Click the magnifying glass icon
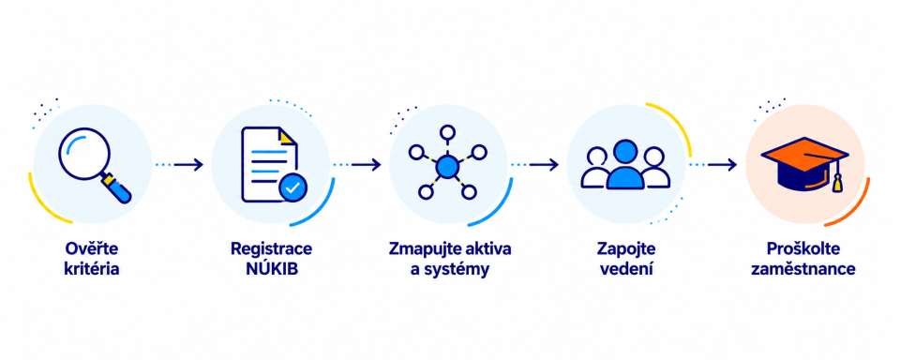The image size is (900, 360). click(x=92, y=164)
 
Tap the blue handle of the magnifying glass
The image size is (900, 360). click(x=118, y=190)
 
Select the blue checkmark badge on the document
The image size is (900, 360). click(x=292, y=187)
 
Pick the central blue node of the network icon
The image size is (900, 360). click(x=446, y=167)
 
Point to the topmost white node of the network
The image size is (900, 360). click(x=447, y=132)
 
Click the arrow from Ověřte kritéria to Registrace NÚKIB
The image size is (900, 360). click(x=188, y=165)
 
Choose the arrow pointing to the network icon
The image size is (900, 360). click(x=367, y=165)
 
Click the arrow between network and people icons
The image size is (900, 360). click(x=544, y=165)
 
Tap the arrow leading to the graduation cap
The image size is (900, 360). click(x=722, y=165)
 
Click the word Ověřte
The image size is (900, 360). click(x=92, y=249)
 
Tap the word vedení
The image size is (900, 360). click(x=626, y=269)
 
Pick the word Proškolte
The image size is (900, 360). click(x=803, y=249)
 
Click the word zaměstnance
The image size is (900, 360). click(x=803, y=269)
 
